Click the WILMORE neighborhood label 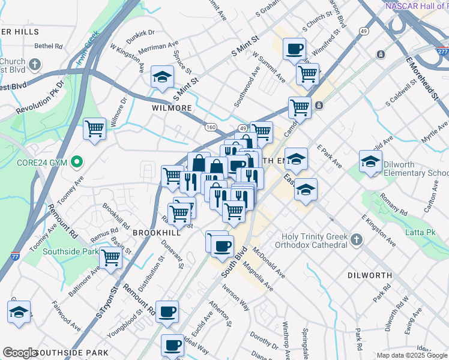coord(172,108)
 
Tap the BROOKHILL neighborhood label coord(157,232)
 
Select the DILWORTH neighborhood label coord(369,275)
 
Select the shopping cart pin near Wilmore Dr coord(94,128)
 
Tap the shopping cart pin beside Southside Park coord(110,257)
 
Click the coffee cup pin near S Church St coord(294,49)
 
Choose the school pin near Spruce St coord(162,76)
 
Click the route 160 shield coord(211,127)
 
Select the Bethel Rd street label coord(49,46)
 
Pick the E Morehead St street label coord(420,77)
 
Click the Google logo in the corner coord(20,353)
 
